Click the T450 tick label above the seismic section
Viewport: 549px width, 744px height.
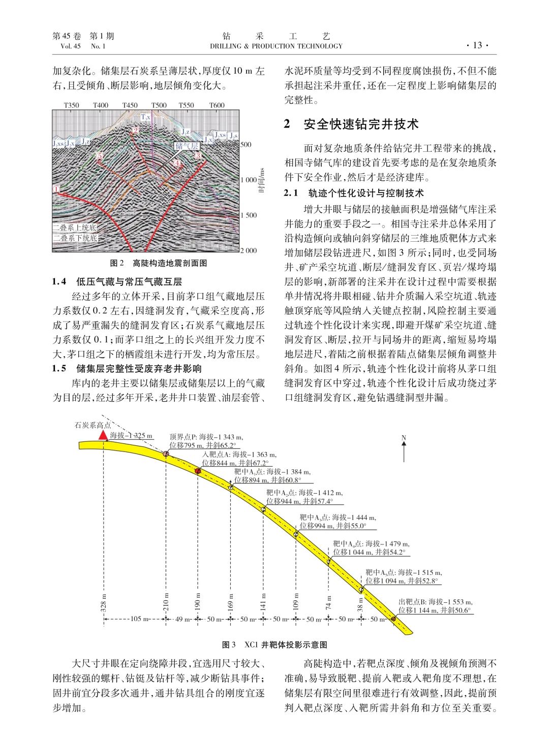pyautogui.click(x=130, y=105)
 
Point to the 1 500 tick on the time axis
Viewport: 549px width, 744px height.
pyautogui.click(x=249, y=215)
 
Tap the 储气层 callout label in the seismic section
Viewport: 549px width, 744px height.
pyautogui.click(x=187, y=146)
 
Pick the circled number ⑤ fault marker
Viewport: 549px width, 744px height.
pyautogui.click(x=100, y=155)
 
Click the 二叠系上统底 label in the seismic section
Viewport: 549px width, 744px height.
pyautogui.click(x=75, y=228)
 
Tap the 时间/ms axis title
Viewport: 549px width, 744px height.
pyautogui.click(x=261, y=180)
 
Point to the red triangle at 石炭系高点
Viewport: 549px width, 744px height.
pyautogui.click(x=103, y=435)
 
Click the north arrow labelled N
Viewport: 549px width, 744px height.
pyautogui.click(x=404, y=449)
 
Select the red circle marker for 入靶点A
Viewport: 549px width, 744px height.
pyautogui.click(x=198, y=471)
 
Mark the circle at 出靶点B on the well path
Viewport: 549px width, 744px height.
pyautogui.click(x=393, y=619)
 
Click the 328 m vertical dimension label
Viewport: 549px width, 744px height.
pyautogui.click(x=104, y=602)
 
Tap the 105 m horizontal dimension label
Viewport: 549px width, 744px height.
pyautogui.click(x=135, y=619)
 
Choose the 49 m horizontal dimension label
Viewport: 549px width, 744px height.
pyautogui.click(x=181, y=619)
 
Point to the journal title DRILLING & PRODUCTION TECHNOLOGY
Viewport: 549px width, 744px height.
pyautogui.click(x=276, y=46)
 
